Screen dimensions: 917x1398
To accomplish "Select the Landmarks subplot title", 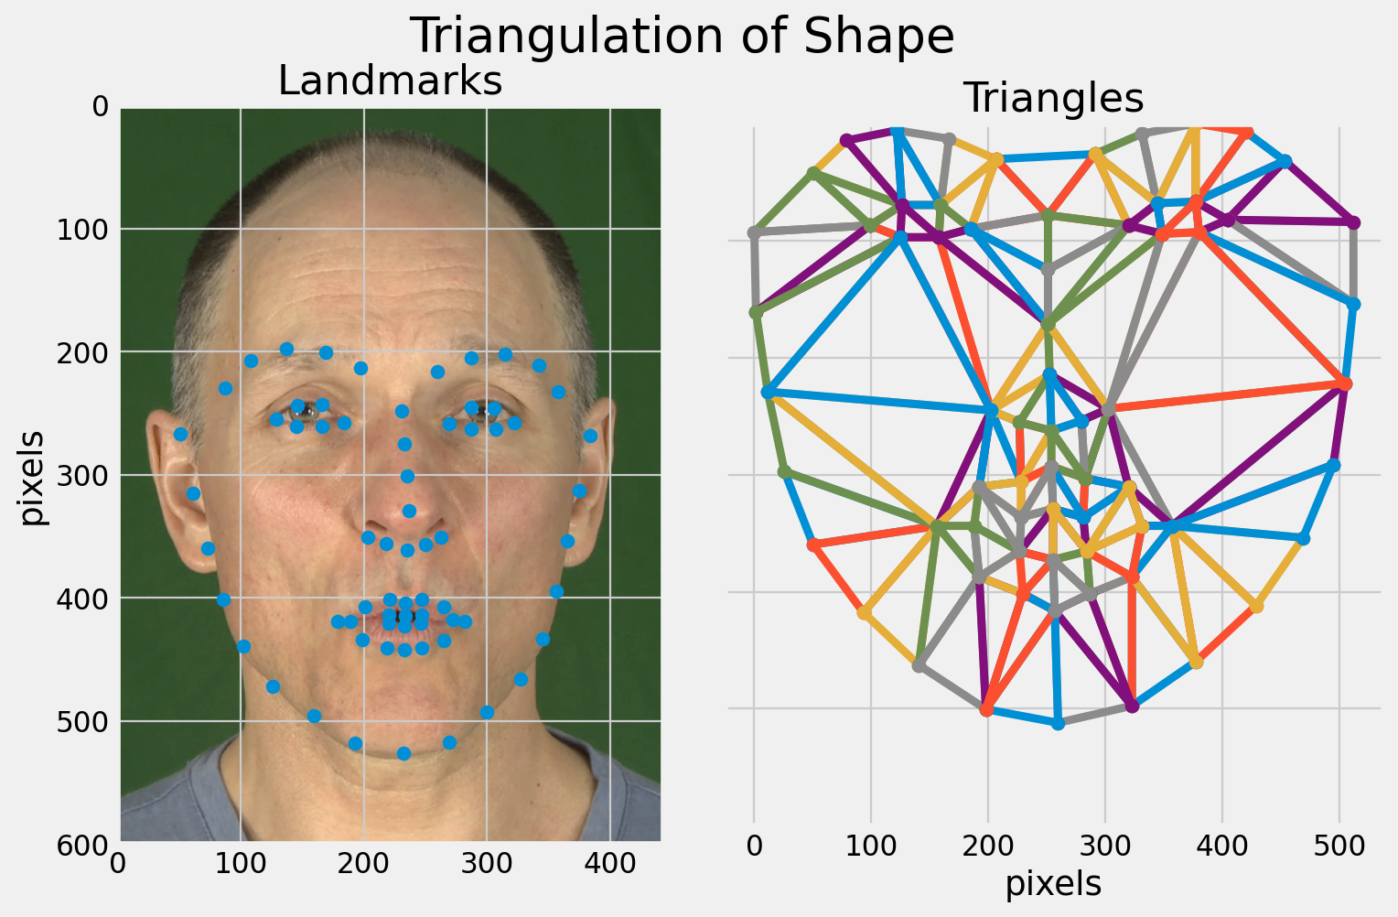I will [x=390, y=81].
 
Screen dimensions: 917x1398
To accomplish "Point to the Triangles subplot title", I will [x=1053, y=98].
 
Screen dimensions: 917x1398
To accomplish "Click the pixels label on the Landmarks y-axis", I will [x=33, y=476].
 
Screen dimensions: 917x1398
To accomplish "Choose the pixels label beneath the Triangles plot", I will [x=1053, y=883].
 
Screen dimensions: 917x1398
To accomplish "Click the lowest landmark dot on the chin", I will [x=403, y=753].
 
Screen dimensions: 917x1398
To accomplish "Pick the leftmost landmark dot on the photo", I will [x=180, y=434].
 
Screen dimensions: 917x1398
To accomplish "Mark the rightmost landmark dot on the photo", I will [x=590, y=436].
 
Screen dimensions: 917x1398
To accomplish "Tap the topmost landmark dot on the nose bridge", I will [x=402, y=411].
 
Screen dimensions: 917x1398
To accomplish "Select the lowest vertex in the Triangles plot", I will [x=1059, y=724].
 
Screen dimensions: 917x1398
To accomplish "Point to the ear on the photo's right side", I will [x=590, y=476].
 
